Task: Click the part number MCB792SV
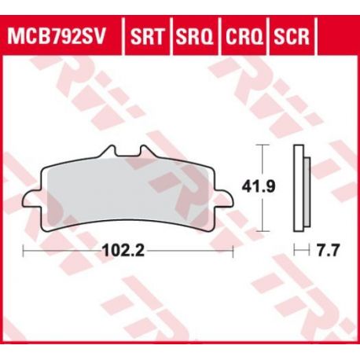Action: pos(56,36)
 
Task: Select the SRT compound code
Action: pos(147,36)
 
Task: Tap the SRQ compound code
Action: pos(194,36)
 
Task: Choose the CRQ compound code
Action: pos(244,36)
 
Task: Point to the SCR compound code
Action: pos(292,36)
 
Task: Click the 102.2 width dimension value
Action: pos(123,251)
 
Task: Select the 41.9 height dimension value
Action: pos(259,187)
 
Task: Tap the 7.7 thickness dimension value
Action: pos(329,251)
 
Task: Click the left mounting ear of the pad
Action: pos(32,199)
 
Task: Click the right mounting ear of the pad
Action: pos(224,199)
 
